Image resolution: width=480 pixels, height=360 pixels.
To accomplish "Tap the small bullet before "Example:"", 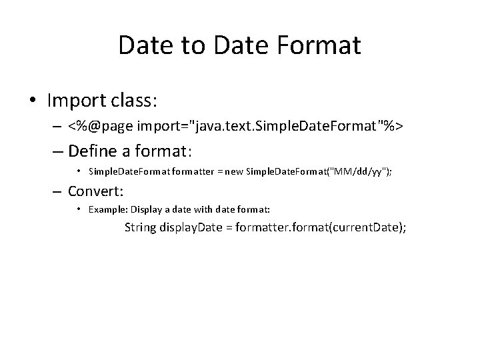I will tap(79, 210).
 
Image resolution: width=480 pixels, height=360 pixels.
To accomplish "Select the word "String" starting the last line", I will tap(141, 228).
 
